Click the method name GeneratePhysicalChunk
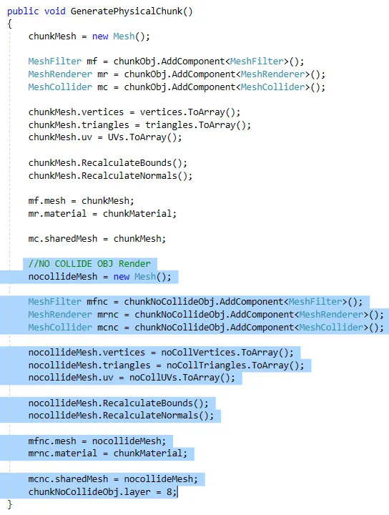tap(127, 11)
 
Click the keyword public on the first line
tap(23, 11)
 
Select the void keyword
tap(54, 11)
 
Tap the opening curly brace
tap(9, 24)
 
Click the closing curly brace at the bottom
tap(9, 504)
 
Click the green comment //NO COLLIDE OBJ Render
tap(89, 264)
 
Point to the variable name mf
tap(92, 62)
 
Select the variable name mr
tap(102, 74)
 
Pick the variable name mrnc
tap(108, 315)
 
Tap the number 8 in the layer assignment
tap(169, 492)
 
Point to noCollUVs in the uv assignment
tap(153, 378)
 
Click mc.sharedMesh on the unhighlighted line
tap(63, 239)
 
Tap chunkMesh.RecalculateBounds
tap(100, 163)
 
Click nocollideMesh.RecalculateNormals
tap(113, 416)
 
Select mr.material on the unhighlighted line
tap(57, 214)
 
